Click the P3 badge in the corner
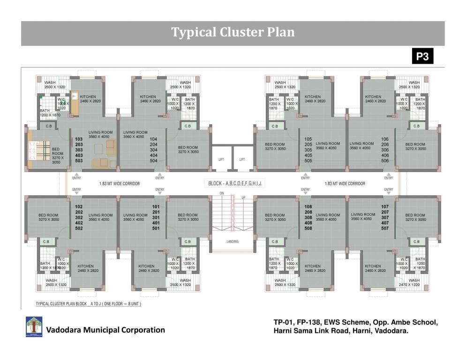click(x=422, y=57)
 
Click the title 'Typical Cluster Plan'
click(x=233, y=32)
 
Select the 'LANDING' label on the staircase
click(x=232, y=241)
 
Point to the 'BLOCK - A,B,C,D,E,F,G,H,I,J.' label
click(x=235, y=184)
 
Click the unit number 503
click(x=79, y=161)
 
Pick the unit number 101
click(x=156, y=207)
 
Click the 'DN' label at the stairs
click(x=222, y=193)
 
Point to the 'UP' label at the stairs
click(x=243, y=197)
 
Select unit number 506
click(x=385, y=161)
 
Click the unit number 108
click(x=308, y=207)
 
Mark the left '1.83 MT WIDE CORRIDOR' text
click(x=120, y=184)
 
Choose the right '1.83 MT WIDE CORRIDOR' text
click(x=345, y=184)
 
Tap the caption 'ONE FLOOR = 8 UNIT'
click(x=119, y=304)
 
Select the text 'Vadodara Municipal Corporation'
click(x=105, y=330)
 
